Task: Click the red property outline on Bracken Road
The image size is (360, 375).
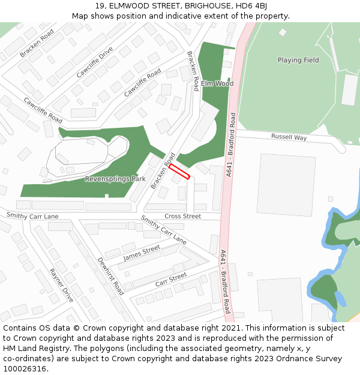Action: click(x=179, y=172)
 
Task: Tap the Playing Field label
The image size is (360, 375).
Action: click(x=298, y=60)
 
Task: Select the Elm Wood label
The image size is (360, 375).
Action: click(x=217, y=83)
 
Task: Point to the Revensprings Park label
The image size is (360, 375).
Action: click(x=115, y=179)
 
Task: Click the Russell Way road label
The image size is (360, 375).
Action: click(x=289, y=137)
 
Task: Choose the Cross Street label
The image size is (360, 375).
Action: click(x=183, y=216)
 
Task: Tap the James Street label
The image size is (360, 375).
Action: click(x=142, y=253)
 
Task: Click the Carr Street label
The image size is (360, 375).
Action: click(x=171, y=279)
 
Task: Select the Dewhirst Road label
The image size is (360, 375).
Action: click(x=110, y=277)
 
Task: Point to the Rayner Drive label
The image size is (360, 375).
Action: click(x=62, y=285)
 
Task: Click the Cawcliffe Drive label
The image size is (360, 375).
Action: click(x=95, y=62)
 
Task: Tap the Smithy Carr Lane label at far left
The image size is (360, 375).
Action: click(x=32, y=216)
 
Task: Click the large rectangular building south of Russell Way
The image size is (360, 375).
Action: click(x=286, y=185)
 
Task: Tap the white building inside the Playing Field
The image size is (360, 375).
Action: click(x=350, y=89)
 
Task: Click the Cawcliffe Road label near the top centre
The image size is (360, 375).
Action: click(x=142, y=83)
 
